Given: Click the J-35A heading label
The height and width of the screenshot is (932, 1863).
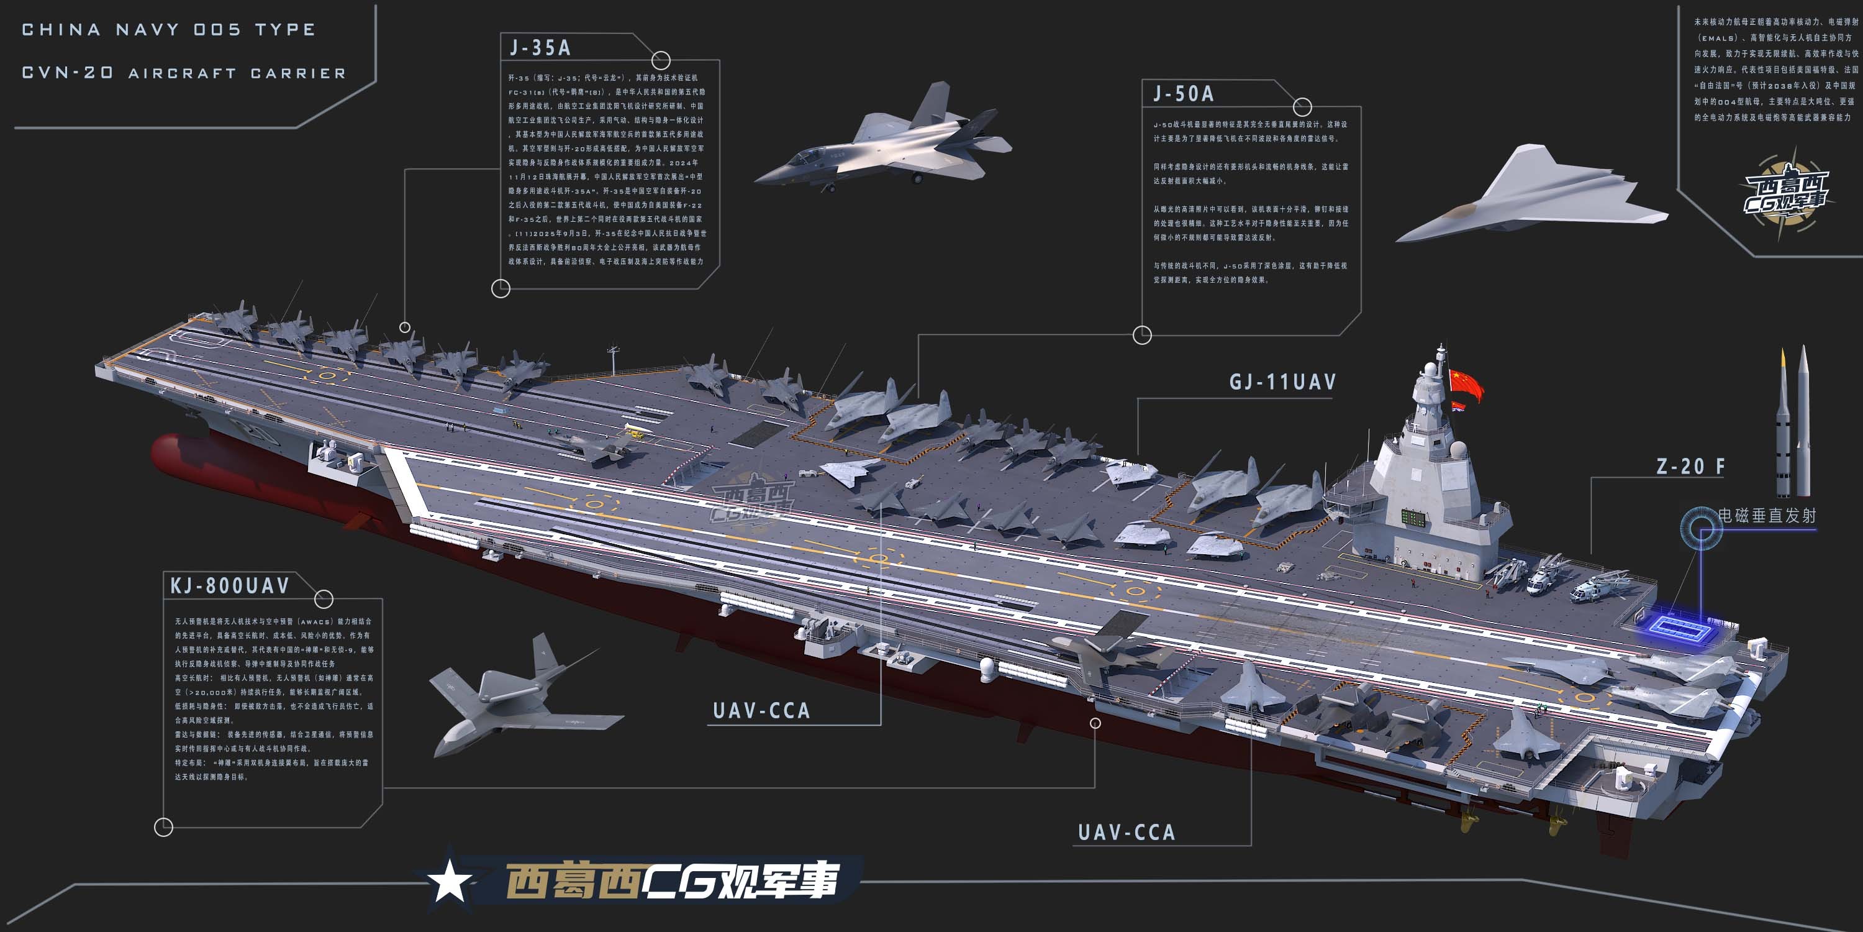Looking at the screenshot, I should tap(540, 48).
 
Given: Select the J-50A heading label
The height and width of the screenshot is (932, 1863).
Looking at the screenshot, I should tap(1183, 94).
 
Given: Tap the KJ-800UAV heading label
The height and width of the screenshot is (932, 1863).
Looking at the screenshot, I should tap(230, 585).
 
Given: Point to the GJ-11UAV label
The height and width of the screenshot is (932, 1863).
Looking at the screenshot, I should tap(1282, 382).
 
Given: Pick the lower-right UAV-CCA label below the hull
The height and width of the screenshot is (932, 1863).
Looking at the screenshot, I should tap(1126, 833).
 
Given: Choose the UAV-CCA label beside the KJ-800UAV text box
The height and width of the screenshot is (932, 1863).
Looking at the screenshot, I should tap(761, 711).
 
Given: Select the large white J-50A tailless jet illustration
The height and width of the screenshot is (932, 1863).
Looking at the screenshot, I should tap(1533, 195).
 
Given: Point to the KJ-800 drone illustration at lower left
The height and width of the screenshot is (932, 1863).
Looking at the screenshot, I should tap(521, 695).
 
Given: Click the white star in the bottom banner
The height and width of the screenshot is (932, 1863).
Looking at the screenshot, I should tap(450, 880).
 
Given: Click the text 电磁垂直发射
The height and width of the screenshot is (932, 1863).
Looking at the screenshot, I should tap(1767, 515).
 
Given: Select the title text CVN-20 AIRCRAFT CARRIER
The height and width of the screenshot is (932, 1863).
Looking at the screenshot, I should tap(184, 73).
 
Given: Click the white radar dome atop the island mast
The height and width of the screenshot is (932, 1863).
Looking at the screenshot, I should tap(1429, 371).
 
